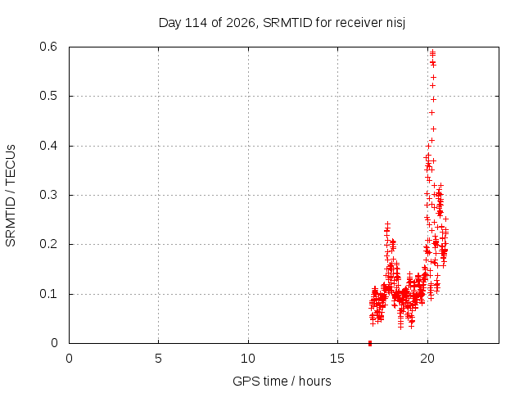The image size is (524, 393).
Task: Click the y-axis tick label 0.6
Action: coord(48,47)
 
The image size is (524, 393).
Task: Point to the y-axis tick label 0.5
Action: coord(48,96)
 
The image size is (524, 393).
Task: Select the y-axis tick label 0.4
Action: coord(48,146)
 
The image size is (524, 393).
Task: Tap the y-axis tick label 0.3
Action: coord(48,195)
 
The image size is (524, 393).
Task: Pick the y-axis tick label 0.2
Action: coord(48,244)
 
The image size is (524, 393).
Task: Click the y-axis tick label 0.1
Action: coord(48,294)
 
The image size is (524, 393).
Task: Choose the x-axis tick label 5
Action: coord(158,359)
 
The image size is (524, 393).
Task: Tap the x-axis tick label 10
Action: coord(248,359)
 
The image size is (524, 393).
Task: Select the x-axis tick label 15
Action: coord(337,359)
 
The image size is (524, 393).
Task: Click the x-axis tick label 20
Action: coord(427,359)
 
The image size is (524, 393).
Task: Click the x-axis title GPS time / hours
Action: coord(282,382)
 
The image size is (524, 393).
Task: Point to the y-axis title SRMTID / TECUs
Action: coord(11,196)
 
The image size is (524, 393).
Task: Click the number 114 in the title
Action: coord(196,23)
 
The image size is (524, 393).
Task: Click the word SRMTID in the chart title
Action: coord(287,23)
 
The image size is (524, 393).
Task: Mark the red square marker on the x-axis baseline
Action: coord(370,343)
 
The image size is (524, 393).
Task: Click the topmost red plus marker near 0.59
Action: coord(433,52)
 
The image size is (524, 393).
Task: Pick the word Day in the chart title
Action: coord(170,23)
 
